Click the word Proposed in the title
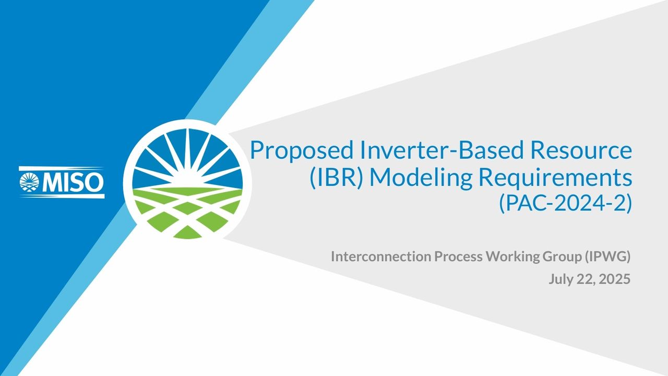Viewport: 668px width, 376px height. tap(302, 151)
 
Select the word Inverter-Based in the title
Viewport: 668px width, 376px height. tap(442, 150)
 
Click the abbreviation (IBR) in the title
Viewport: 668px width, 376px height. tap(336, 178)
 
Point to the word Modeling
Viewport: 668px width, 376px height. tap(421, 178)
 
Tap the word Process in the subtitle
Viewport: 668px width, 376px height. tap(458, 256)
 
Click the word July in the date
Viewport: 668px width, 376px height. tap(560, 279)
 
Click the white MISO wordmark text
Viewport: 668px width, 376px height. tap(73, 182)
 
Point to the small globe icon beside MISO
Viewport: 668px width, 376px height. tap(29, 182)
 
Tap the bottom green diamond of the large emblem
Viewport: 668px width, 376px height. tap(187, 232)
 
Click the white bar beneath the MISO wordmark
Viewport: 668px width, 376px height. tap(62, 196)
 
